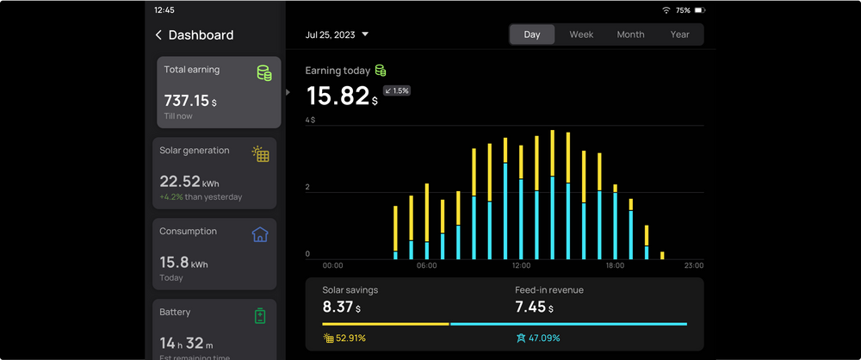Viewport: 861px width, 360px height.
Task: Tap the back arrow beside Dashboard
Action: tap(158, 35)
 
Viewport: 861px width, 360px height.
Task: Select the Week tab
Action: tap(581, 34)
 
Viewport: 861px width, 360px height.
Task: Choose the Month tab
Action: tap(630, 34)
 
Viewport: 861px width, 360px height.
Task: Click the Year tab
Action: tap(680, 34)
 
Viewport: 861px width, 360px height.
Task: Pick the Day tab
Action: tap(532, 34)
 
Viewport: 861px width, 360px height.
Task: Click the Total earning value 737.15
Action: tap(186, 101)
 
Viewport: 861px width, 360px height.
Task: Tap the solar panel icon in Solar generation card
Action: tap(260, 154)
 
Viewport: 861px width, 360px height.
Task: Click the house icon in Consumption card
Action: tap(260, 234)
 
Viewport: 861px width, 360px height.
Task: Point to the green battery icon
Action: tap(260, 316)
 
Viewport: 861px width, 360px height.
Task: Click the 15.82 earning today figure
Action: tap(338, 96)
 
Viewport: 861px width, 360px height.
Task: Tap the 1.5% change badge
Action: tap(397, 90)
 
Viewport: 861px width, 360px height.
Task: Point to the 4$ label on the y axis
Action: tap(310, 120)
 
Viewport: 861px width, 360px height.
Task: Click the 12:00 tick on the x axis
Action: tap(521, 265)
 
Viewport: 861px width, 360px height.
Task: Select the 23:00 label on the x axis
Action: tap(693, 265)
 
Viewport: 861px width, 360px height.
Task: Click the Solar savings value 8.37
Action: tap(338, 307)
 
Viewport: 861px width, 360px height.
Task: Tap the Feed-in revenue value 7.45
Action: tap(530, 307)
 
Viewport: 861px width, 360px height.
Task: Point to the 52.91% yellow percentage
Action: tap(350, 338)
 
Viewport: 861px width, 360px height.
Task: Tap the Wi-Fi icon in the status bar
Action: tap(666, 10)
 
